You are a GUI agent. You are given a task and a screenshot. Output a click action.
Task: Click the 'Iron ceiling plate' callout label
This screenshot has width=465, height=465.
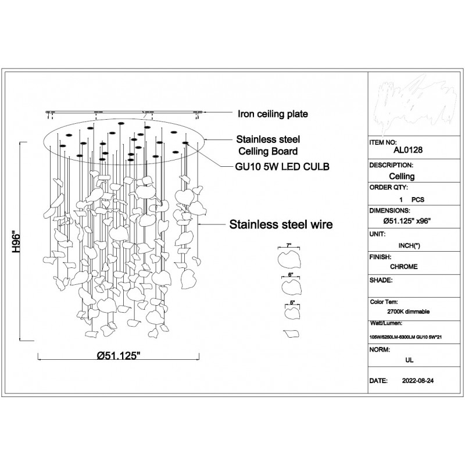point(272,114)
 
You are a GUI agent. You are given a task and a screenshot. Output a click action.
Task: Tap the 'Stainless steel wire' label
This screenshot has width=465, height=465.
point(281,224)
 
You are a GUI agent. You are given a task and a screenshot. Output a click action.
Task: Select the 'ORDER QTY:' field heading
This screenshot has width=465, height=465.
point(389,188)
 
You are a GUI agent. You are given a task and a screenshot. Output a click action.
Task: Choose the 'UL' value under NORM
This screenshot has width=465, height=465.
point(409,360)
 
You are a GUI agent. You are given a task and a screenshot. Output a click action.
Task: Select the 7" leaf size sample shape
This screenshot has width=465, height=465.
point(289,257)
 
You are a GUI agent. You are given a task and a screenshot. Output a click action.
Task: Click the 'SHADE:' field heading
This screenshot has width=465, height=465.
point(382,280)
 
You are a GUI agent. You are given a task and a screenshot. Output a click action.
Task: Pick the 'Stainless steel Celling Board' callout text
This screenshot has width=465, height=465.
point(266,146)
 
